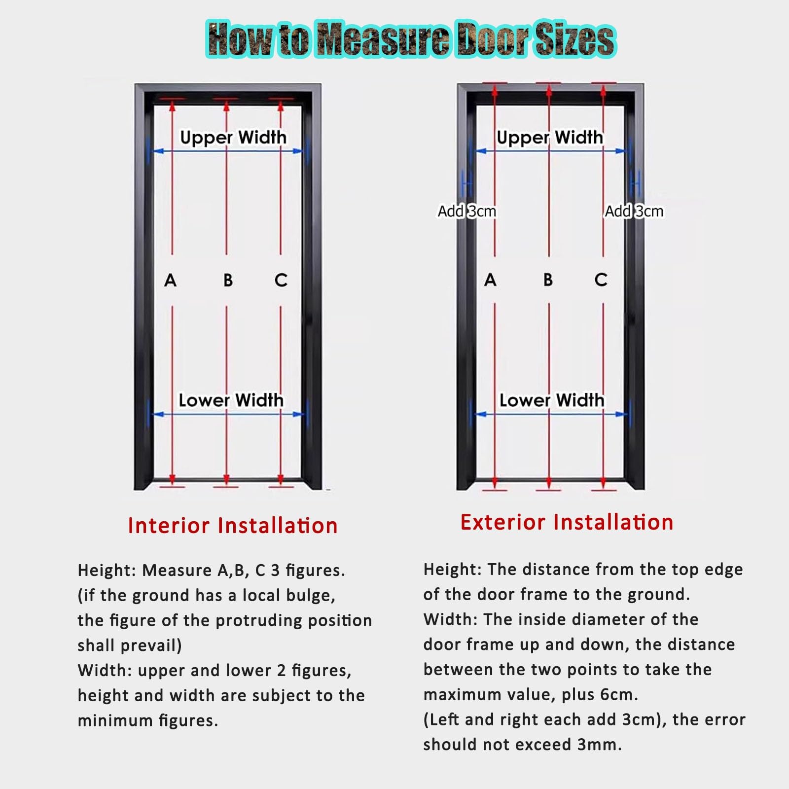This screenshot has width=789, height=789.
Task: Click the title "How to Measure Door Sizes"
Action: click(410, 39)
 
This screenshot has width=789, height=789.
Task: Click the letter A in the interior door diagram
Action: click(170, 280)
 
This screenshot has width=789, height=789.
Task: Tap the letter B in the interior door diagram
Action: click(228, 280)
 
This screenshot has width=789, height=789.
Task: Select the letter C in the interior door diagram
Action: click(281, 280)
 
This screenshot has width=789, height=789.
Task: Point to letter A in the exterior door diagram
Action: click(490, 280)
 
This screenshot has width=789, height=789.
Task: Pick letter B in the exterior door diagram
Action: click(548, 280)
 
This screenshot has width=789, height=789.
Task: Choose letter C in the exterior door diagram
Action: click(601, 280)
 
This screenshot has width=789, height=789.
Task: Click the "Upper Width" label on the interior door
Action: click(233, 137)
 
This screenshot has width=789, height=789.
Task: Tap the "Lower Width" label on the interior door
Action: click(231, 400)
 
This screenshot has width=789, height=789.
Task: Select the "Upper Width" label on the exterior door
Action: click(550, 137)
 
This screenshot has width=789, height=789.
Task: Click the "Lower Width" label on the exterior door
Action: click(552, 400)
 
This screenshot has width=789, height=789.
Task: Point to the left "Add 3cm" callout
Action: click(467, 211)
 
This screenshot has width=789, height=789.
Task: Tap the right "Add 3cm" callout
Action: click(634, 211)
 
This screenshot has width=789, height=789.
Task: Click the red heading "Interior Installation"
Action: click(233, 526)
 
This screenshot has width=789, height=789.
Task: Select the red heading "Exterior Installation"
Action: click(567, 522)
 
